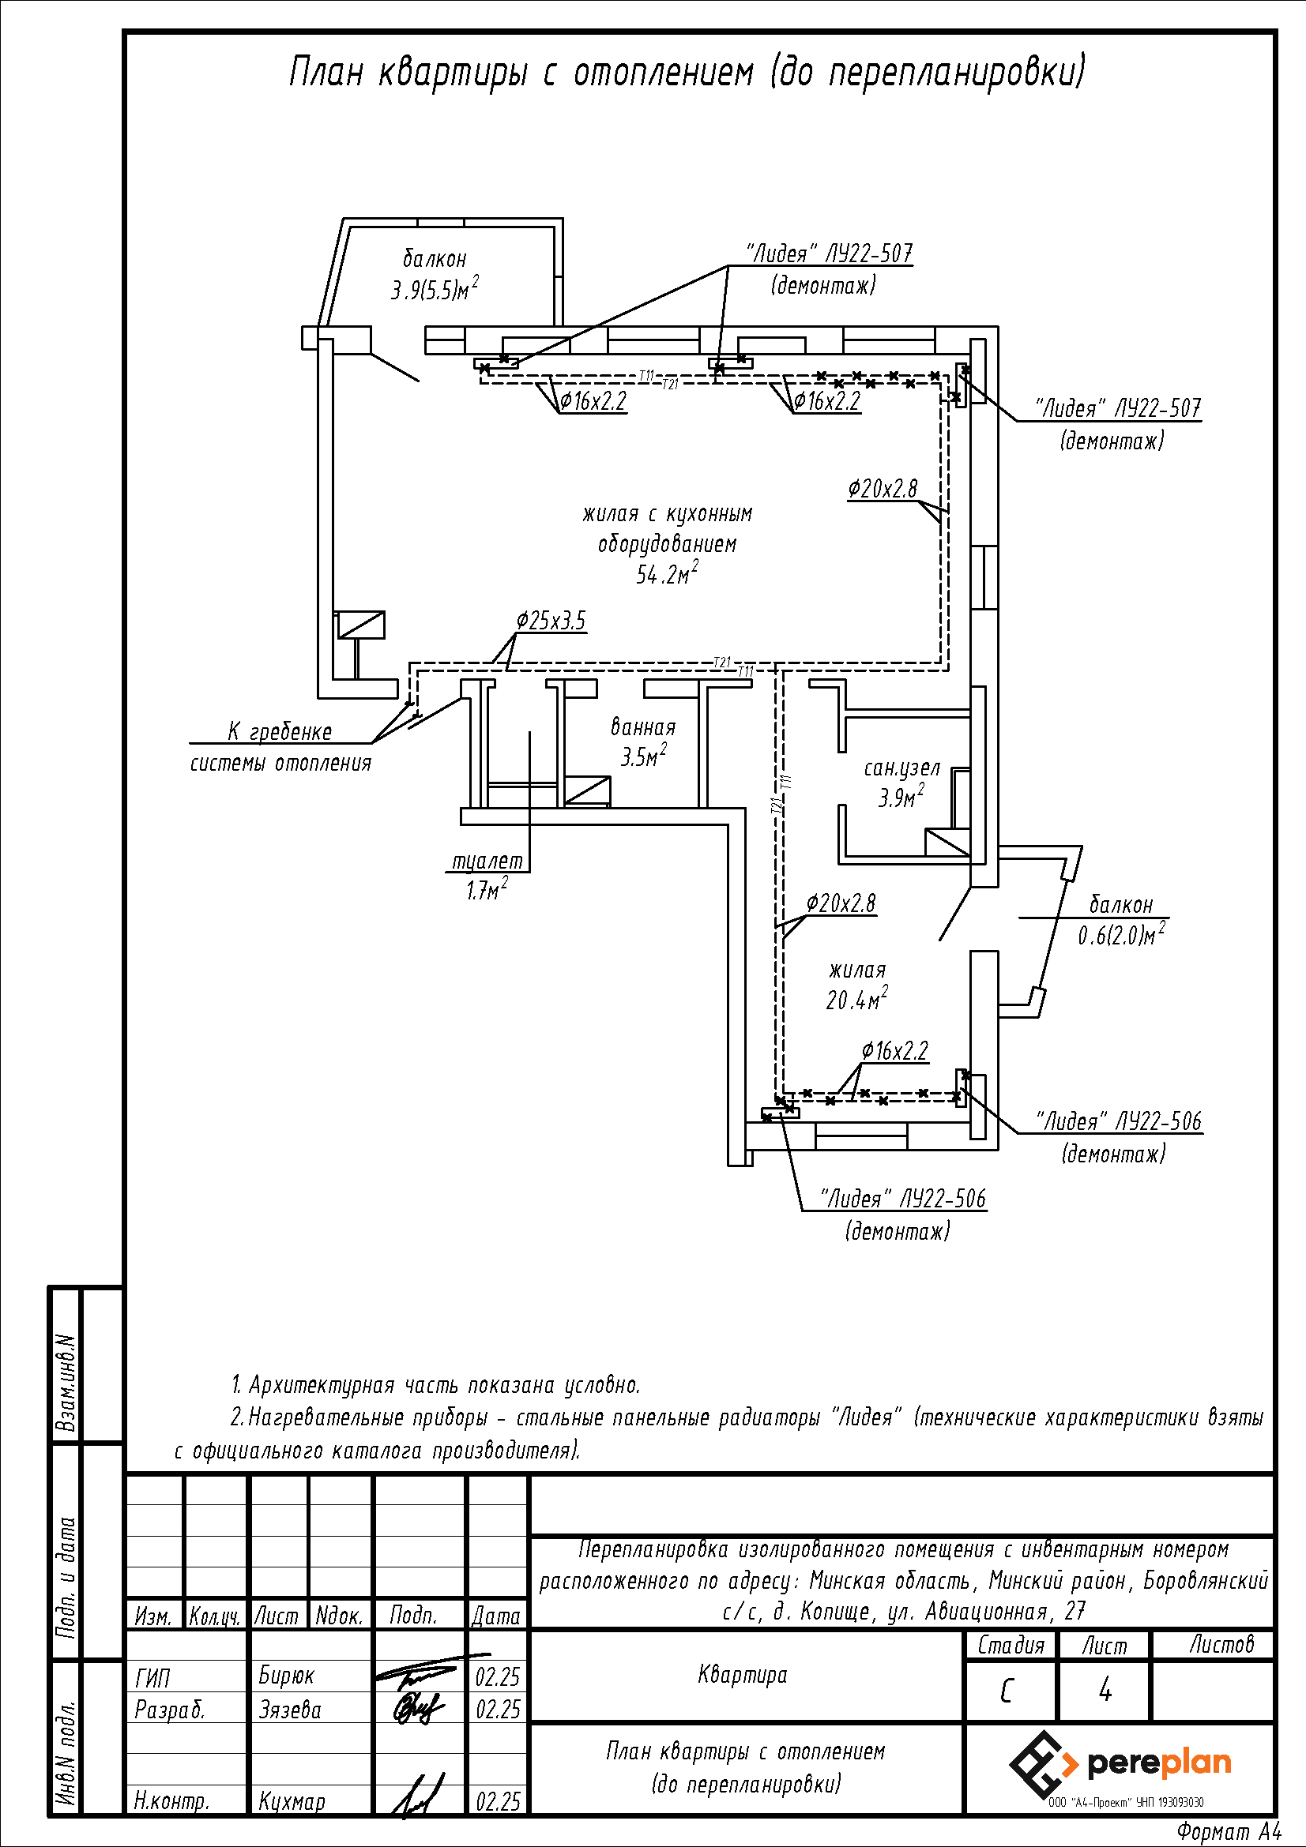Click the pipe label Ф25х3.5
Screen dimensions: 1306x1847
[551, 621]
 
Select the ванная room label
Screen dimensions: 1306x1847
[643, 727]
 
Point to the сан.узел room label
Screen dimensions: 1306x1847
[902, 768]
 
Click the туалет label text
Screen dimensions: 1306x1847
[487, 861]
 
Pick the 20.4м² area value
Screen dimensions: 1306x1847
[857, 998]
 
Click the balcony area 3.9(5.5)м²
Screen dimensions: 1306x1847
[435, 288]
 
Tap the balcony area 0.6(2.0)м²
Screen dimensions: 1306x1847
[1122, 935]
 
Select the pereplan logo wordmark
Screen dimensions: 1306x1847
[1159, 1764]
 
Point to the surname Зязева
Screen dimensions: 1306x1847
[290, 1710]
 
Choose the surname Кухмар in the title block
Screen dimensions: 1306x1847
[292, 1802]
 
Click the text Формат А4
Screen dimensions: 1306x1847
[1229, 1832]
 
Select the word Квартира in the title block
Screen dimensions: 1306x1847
[743, 1676]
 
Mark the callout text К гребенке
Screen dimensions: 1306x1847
[280, 731]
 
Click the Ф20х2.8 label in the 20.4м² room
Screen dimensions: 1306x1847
[841, 903]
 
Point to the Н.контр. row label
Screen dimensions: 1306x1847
[171, 1802]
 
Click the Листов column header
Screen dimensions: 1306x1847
[1221, 1644]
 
